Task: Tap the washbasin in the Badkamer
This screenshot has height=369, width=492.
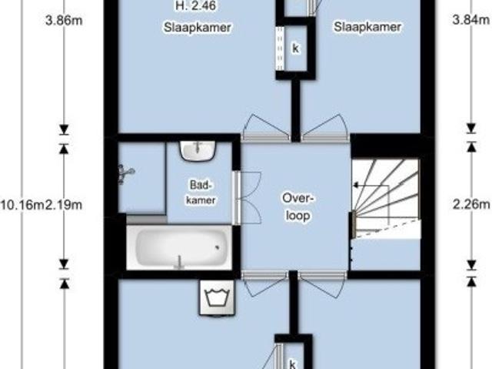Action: click(198, 151)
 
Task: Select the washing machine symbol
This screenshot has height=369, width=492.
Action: click(217, 298)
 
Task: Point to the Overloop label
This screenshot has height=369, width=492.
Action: click(298, 207)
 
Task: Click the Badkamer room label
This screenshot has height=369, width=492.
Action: click(201, 193)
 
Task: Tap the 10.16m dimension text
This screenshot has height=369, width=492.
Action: click(22, 205)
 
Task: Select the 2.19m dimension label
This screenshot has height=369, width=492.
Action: click(64, 205)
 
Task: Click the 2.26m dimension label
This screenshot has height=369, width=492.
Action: click(471, 205)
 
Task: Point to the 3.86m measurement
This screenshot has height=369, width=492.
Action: click(64, 21)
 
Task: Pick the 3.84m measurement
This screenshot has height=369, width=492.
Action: click(471, 20)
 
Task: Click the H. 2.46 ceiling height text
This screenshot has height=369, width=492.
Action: click(196, 5)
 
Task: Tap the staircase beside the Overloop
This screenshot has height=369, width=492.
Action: click(386, 198)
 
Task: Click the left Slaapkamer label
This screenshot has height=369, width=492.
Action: click(198, 27)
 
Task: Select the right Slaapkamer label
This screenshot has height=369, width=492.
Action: click(367, 27)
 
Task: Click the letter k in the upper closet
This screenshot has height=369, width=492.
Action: click(295, 49)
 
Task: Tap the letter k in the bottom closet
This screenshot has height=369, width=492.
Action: click(292, 364)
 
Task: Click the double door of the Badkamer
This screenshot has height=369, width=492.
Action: click(247, 198)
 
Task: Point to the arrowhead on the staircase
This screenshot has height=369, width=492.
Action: click(356, 186)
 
